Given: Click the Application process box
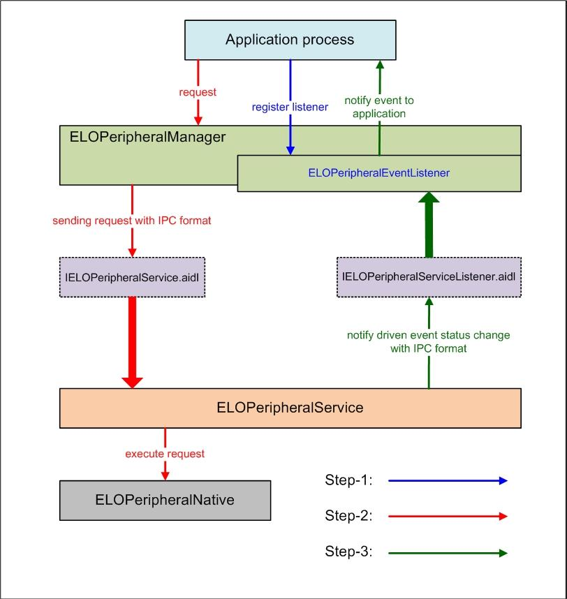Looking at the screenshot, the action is tap(290, 40).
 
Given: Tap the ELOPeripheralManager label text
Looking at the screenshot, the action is tap(147, 137).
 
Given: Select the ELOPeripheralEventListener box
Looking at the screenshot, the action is tap(379, 173).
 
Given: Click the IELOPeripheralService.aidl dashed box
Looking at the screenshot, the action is tap(132, 277).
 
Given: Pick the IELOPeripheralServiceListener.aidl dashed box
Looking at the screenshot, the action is tap(429, 277).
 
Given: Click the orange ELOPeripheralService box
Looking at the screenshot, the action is tap(290, 408).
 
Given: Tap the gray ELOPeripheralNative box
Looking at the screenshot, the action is tap(165, 501).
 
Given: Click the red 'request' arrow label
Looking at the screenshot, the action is tap(198, 92).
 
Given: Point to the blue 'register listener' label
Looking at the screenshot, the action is tap(290, 107).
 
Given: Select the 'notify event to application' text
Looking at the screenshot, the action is tap(379, 107).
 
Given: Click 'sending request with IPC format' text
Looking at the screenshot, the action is tap(132, 221).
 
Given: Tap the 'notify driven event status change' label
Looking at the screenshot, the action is tap(429, 335).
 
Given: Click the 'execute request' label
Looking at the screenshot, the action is tap(165, 454).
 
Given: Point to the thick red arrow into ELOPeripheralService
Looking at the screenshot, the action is tap(132, 343).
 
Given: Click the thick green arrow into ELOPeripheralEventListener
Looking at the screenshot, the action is tap(429, 225).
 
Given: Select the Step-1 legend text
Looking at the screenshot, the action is tap(348, 480).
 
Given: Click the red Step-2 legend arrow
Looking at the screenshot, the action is tap(448, 517).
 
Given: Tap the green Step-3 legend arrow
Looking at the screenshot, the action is tap(448, 553).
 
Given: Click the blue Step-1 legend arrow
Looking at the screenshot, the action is tap(448, 480).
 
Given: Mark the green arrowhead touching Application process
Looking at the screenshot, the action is tap(380, 64).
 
